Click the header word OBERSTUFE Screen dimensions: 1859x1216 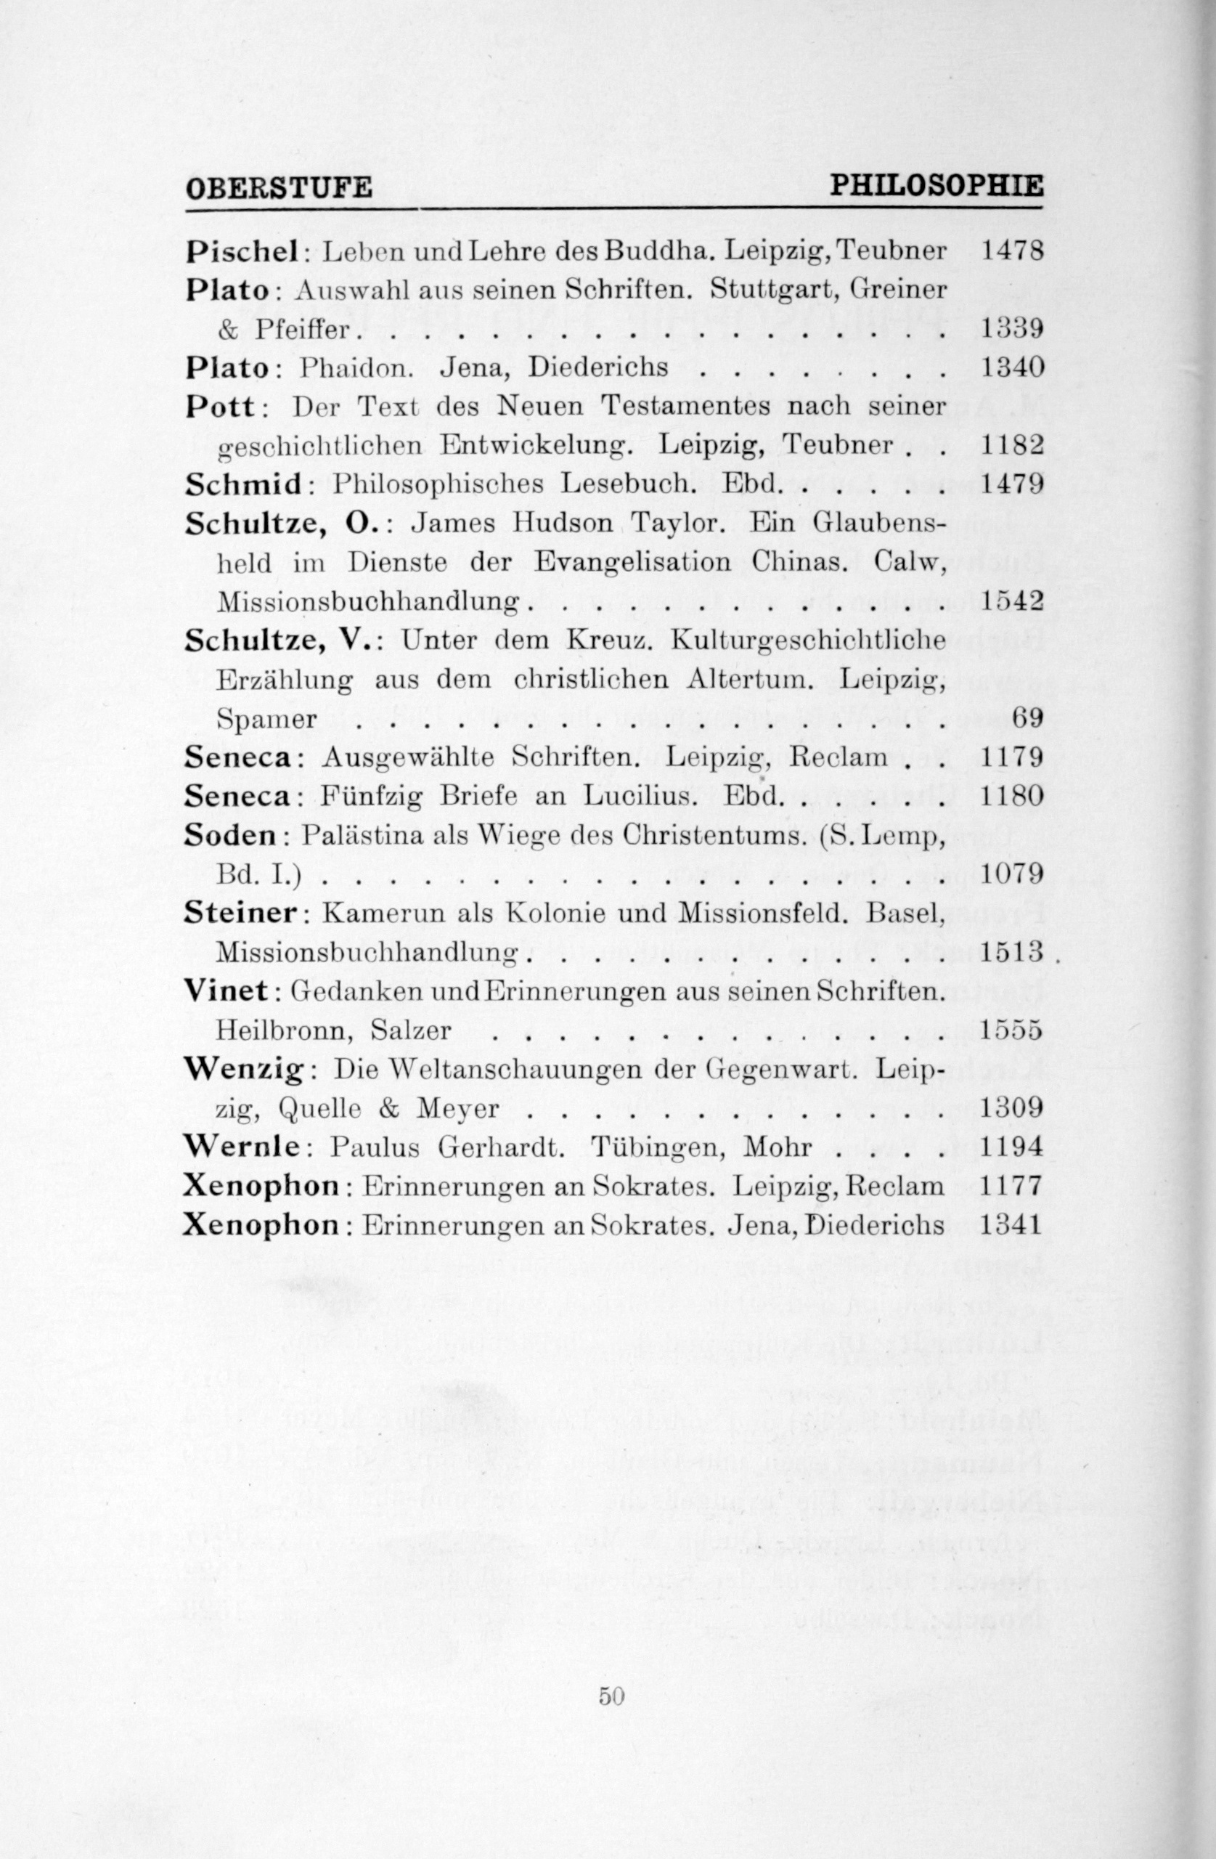pyautogui.click(x=279, y=188)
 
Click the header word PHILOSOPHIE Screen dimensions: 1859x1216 pyautogui.click(x=936, y=186)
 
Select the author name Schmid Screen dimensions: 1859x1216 pyautogui.click(x=245, y=484)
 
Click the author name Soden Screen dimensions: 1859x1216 pyautogui.click(x=231, y=835)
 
